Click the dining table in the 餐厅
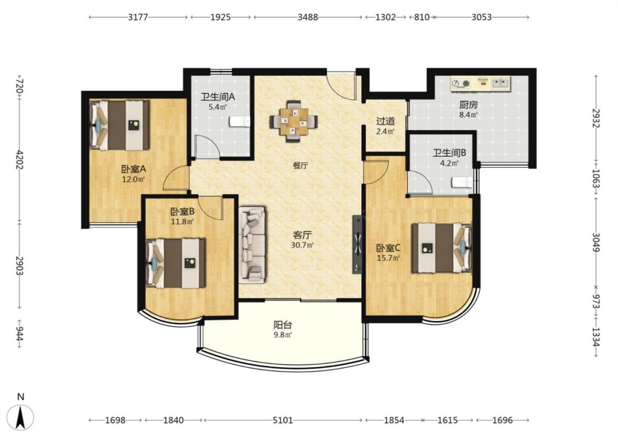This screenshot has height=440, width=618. point(294,121)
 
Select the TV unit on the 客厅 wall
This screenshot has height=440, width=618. point(358,244)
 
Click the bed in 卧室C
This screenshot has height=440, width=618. point(442,248)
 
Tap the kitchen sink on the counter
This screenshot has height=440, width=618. point(499,83)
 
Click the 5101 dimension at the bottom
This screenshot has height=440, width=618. point(283,420)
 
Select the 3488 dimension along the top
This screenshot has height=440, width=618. point(308,17)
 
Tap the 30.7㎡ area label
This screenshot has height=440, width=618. point(302,245)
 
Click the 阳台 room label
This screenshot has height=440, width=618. point(283,325)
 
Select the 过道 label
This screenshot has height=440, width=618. point(385,121)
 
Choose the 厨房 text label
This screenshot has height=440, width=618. point(468,105)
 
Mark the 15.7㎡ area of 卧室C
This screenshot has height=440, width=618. point(388,258)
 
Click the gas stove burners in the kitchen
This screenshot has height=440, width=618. point(461,83)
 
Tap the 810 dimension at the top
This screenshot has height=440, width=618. point(422,17)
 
